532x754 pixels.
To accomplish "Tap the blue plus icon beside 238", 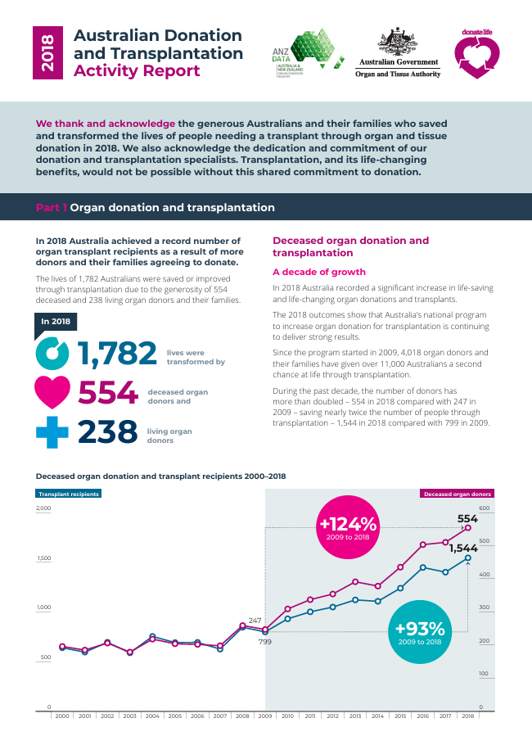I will point(52,431).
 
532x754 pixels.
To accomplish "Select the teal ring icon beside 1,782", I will point(53,354).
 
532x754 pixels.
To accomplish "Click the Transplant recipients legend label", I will point(69,494).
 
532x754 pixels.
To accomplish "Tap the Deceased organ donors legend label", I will point(458,494).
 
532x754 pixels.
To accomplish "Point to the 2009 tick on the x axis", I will point(265,716).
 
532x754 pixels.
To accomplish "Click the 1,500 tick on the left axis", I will point(43,558).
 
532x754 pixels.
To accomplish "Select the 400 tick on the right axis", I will point(485,575).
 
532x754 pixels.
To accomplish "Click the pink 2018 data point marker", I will point(467,528).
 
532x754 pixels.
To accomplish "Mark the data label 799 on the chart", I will point(264,642).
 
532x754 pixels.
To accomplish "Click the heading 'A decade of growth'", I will point(318,272).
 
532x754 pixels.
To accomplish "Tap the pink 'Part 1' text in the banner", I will point(52,208).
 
